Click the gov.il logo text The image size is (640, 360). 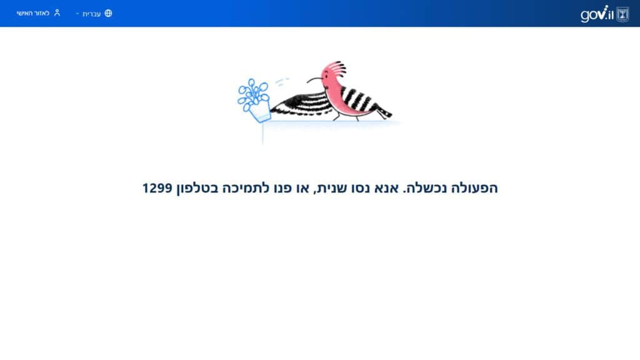click(x=597, y=14)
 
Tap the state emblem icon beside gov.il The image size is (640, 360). click(x=622, y=14)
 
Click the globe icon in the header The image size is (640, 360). click(x=108, y=13)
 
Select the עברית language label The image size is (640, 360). click(x=91, y=14)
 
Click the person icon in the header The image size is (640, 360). click(x=57, y=12)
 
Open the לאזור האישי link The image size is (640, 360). click(x=32, y=13)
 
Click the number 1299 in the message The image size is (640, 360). click(x=157, y=188)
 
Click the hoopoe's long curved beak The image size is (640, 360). click(x=314, y=79)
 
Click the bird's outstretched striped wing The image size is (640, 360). click(x=301, y=104)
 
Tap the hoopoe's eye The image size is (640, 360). click(x=327, y=78)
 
